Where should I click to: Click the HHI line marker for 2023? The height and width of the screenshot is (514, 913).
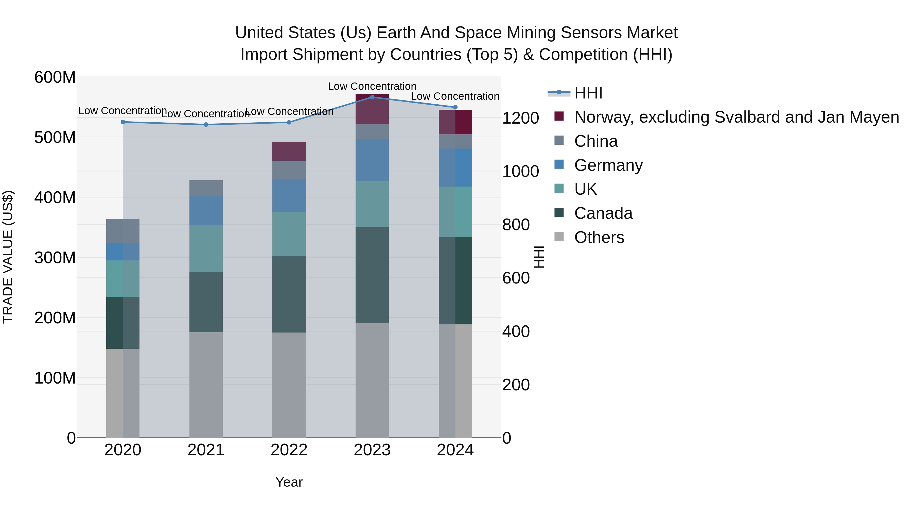point(372,97)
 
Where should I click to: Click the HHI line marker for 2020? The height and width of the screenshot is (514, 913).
point(123,122)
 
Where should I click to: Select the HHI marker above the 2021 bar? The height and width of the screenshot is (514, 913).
point(206,125)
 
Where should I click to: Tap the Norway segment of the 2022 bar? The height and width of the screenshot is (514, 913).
point(289,152)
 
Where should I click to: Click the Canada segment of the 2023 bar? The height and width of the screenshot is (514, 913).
point(372,275)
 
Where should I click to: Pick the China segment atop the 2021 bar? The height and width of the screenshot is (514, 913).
point(206,188)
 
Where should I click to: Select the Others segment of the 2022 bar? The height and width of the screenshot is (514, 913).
point(289,385)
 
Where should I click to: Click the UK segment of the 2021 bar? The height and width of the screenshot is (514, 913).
point(206,248)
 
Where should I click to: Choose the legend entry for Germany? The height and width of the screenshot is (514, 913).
point(608,165)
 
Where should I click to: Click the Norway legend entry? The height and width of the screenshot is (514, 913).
point(736,117)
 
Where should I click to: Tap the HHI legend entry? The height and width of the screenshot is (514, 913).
point(588,93)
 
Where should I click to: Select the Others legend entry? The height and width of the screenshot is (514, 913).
point(599,237)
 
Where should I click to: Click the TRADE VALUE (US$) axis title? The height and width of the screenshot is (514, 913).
point(8,257)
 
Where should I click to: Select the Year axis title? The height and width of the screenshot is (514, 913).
point(289,482)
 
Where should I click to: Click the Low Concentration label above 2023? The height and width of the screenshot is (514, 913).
point(372,86)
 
